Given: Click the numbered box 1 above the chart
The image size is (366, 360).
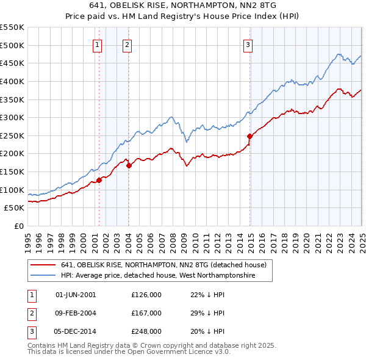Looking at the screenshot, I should click(98, 44).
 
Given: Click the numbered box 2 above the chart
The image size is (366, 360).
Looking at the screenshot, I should click(127, 44).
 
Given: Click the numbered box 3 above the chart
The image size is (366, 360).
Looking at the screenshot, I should click(248, 44).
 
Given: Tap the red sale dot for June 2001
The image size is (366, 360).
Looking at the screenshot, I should click(99, 180).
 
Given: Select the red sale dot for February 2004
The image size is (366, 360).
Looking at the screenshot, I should click(129, 165).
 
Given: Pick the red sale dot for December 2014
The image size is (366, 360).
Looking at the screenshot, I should click(249, 136).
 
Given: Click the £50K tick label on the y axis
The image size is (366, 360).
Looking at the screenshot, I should click(15, 208).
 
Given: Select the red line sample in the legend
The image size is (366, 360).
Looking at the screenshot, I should click(43, 265).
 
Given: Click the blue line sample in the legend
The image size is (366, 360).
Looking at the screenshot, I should click(43, 276).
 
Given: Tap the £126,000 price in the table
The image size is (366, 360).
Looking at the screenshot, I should click(146, 295).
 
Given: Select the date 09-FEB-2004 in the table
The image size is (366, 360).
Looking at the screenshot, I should click(76, 313).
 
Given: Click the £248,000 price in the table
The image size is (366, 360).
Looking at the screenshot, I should click(146, 331).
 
